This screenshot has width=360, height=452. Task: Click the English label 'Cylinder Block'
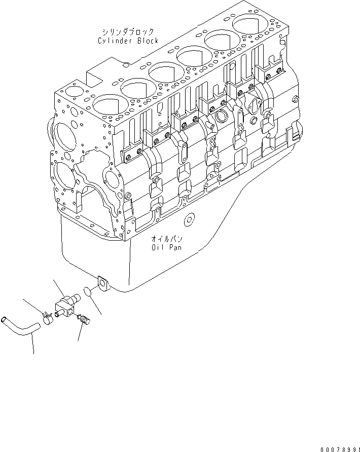coord(128,41)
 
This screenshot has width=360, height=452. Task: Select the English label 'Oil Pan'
coord(166,248)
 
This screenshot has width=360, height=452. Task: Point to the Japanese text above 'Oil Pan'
coord(166,238)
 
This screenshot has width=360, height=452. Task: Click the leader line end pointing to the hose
coord(34,354)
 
